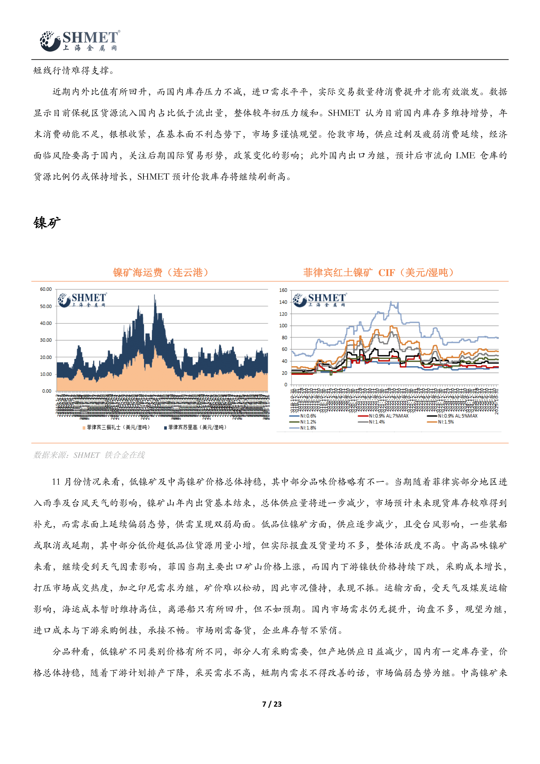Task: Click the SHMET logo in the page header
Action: pyautogui.click(x=80, y=41)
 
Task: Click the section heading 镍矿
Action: pyautogui.click(x=47, y=223)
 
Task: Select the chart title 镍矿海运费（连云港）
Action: pyautogui.click(x=161, y=272)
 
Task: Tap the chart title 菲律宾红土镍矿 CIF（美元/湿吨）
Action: pyautogui.click(x=378, y=272)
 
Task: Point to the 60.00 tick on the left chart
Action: pyautogui.click(x=46, y=289)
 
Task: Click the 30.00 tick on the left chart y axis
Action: pyautogui.click(x=46, y=340)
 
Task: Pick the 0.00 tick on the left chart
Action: pyautogui.click(x=47, y=391)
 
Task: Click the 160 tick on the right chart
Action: pyautogui.click(x=283, y=290)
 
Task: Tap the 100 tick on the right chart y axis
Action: pyautogui.click(x=283, y=326)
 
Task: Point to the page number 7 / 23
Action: pyautogui.click(x=272, y=704)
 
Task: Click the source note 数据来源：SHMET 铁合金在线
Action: pyautogui.click(x=89, y=455)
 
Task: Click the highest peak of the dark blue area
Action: pyautogui.click(x=154, y=296)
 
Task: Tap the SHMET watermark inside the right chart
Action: pyautogui.click(x=320, y=300)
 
